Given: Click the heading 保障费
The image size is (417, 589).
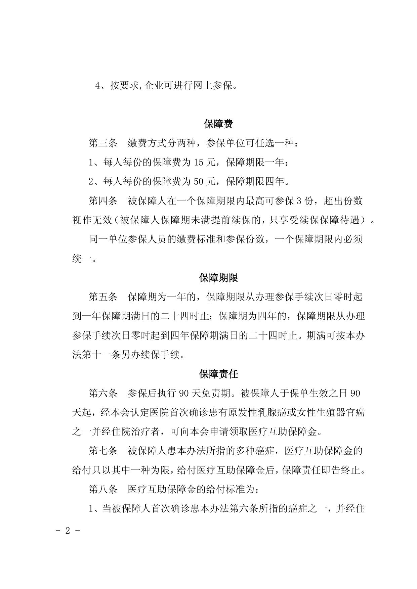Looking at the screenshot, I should click(218, 124).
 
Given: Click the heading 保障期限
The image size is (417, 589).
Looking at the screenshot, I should click(218, 278).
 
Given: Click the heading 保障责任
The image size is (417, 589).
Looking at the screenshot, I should click(218, 374).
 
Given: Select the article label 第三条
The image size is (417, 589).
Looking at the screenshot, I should click(103, 143).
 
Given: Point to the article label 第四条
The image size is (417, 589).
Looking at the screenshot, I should click(103, 201).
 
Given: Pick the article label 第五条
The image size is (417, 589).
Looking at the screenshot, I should click(103, 297).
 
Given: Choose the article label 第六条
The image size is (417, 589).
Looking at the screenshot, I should click(103, 393).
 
